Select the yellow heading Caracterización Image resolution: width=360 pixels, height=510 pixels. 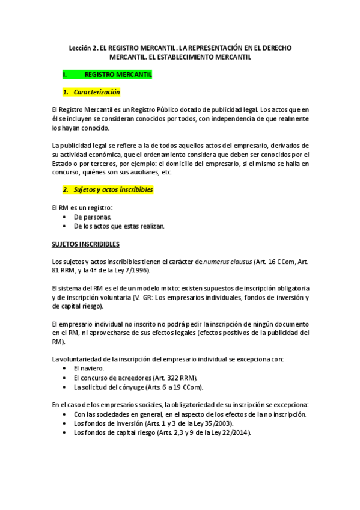(x=97, y=92)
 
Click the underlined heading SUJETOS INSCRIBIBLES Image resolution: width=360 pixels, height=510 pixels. (x=86, y=244)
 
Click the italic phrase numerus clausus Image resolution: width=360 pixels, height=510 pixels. (x=225, y=262)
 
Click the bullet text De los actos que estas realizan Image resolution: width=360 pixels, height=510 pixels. (x=118, y=226)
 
